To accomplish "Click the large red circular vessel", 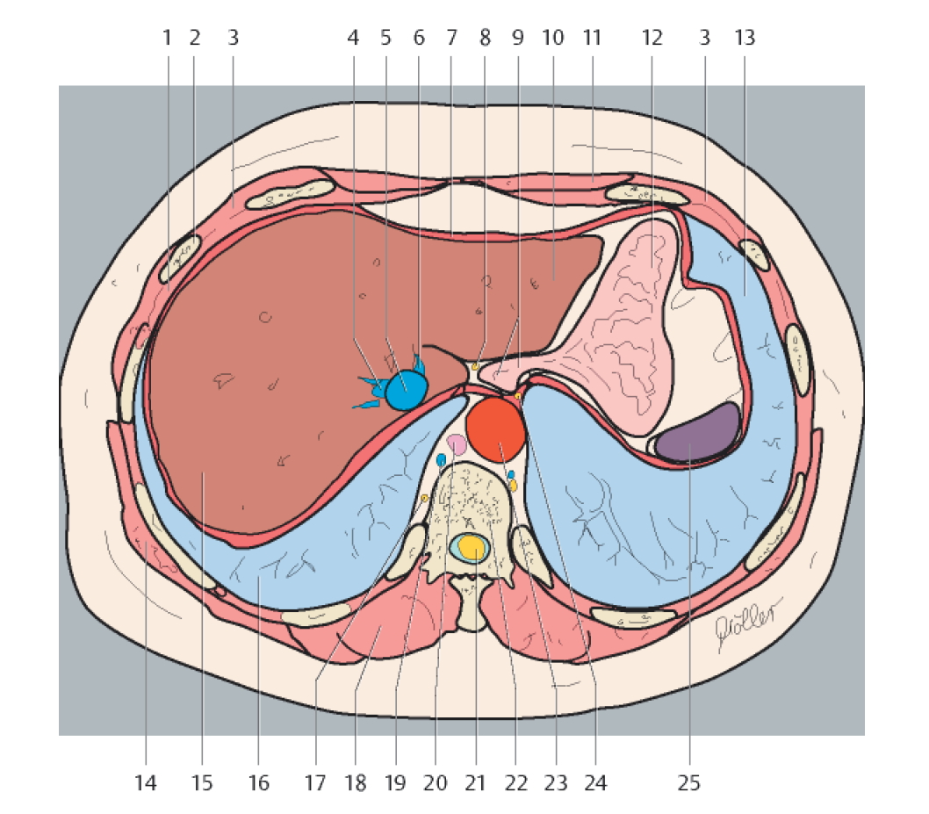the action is pyautogui.click(x=496, y=425).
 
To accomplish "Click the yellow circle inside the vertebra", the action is pyautogui.click(x=473, y=547).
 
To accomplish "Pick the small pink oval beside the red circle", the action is pyautogui.click(x=457, y=443).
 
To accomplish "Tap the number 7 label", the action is pyautogui.click(x=451, y=39).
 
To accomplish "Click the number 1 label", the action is pyautogui.click(x=166, y=39).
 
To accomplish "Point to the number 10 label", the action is pyautogui.click(x=552, y=39).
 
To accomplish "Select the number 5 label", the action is pyautogui.click(x=385, y=39).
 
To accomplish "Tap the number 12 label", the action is pyautogui.click(x=651, y=39).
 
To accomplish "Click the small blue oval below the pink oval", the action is pyautogui.click(x=442, y=460).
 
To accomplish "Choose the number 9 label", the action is pyautogui.click(x=517, y=39).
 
